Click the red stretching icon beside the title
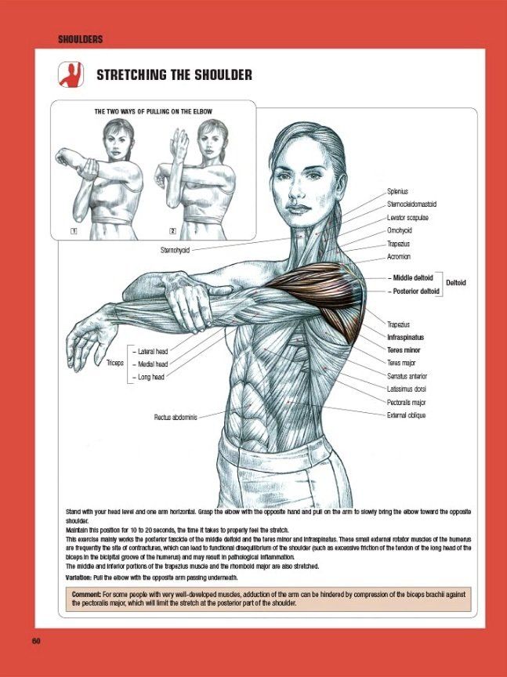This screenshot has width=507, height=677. [71, 74]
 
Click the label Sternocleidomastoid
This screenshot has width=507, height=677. [411, 205]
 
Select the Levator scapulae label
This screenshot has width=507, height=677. [407, 218]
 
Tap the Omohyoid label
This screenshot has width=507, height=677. [400, 230]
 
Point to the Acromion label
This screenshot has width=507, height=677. [399, 256]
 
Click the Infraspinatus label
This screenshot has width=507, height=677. [405, 337]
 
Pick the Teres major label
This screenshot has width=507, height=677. [401, 363]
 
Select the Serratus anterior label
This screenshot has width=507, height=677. [407, 376]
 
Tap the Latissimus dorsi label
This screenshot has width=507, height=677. [407, 389]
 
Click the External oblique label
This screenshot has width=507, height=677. [407, 415]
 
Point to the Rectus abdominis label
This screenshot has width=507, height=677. [176, 417]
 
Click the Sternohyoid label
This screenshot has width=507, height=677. [175, 250]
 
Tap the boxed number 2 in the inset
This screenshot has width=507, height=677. [172, 231]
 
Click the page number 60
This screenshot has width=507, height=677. [36, 641]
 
